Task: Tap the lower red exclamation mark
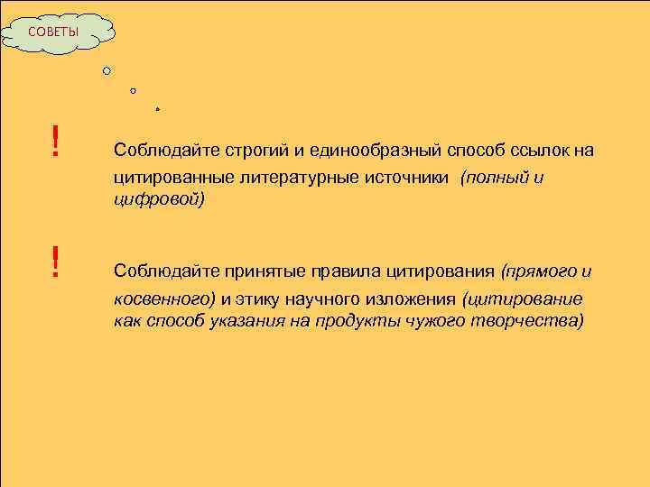[56, 262]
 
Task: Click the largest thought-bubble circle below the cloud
[107, 70]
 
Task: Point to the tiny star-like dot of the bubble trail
[157, 108]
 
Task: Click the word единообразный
[362, 151]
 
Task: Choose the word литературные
[294, 179]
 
